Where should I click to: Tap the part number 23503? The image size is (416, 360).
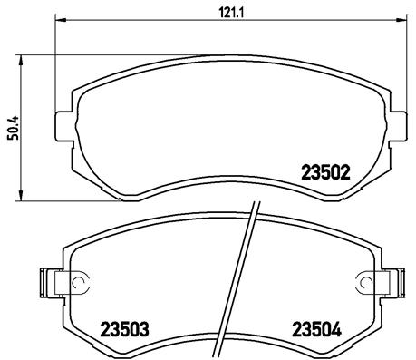tap(125, 328)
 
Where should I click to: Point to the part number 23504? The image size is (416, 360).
tap(315, 328)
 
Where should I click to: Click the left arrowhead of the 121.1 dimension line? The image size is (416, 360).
tap(60, 20)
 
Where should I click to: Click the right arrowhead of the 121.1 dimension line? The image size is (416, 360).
tap(392, 20)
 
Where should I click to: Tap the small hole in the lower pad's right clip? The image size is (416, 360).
tap(366, 285)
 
